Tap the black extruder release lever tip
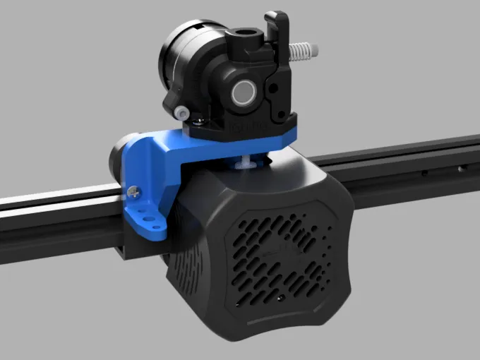click(x=277, y=16)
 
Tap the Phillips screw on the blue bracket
click(x=132, y=189)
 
